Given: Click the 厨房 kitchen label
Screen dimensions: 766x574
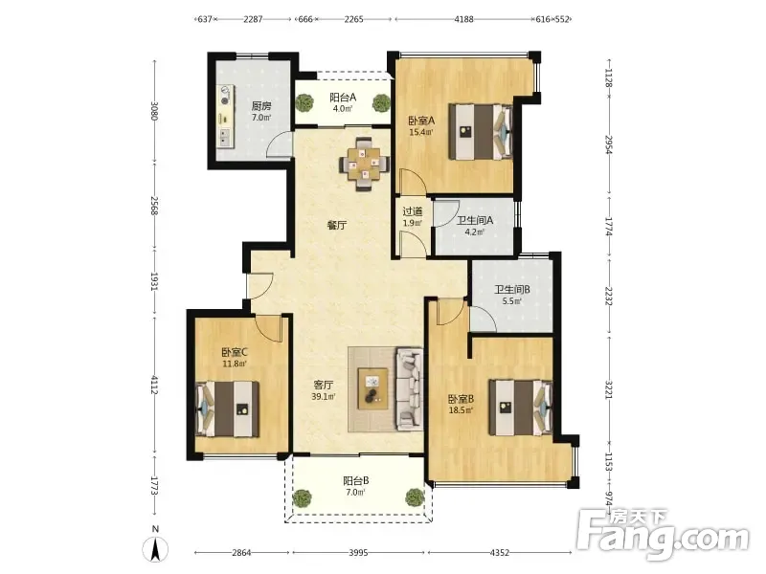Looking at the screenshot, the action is click(260, 111).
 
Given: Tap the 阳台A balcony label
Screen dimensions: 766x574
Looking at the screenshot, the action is click(343, 102).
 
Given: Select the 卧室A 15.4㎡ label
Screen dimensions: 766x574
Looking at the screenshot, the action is click(421, 126).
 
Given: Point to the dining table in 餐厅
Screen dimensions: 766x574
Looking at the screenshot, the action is click(365, 164).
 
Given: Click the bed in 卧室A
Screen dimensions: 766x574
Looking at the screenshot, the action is click(481, 131).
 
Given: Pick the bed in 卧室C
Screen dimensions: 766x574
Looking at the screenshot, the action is click(227, 409).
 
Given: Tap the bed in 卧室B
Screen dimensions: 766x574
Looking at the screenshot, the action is click(521, 408).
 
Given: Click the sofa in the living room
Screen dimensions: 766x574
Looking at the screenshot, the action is click(410, 388).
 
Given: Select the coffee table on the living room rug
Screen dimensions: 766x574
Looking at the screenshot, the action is click(372, 388).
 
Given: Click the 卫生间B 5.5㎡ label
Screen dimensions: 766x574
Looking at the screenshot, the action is click(512, 295).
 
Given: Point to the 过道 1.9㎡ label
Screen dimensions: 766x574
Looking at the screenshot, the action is click(413, 217).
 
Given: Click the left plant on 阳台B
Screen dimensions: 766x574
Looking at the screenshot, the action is click(302, 497).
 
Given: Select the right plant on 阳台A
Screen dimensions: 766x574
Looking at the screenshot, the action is click(381, 103).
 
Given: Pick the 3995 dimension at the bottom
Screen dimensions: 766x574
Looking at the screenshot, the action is click(358, 553).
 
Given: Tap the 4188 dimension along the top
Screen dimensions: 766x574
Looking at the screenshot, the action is click(463, 19).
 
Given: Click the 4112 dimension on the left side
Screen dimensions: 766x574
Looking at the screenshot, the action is click(154, 386).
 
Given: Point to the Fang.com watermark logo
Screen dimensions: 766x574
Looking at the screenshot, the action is click(663, 535).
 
